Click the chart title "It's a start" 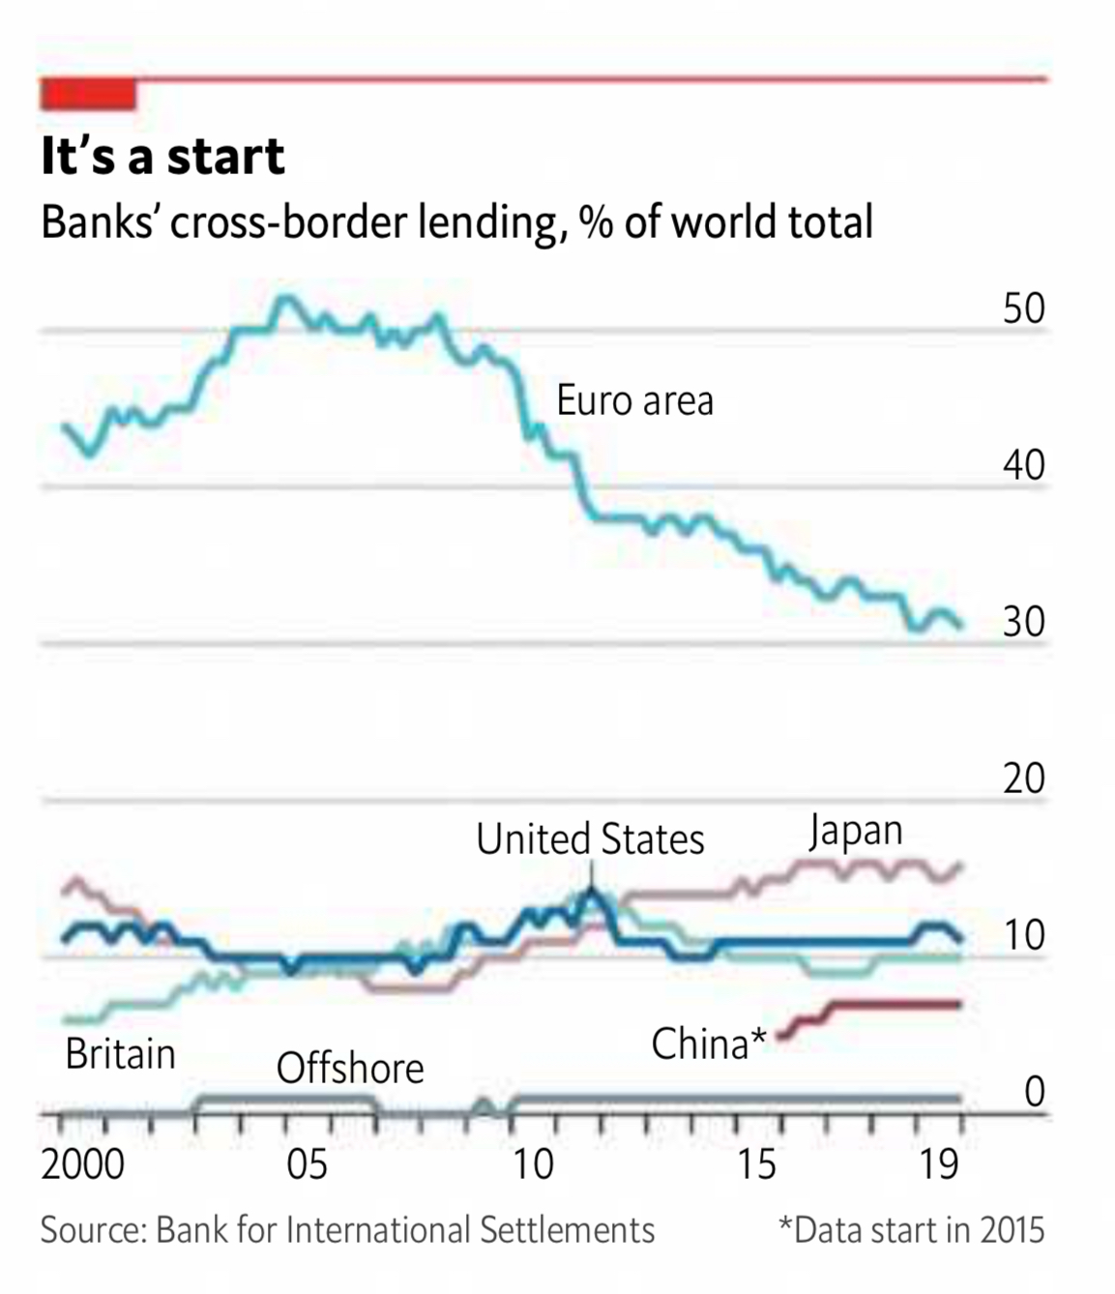click(x=162, y=157)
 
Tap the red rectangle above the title click(x=88, y=95)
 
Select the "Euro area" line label click(x=634, y=400)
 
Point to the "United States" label click(x=590, y=838)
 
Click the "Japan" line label click(x=856, y=832)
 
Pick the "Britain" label click(x=120, y=1053)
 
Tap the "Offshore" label click(x=350, y=1069)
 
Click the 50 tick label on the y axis click(x=1023, y=309)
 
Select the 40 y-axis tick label click(x=1023, y=465)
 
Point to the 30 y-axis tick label click(x=1023, y=622)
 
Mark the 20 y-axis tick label click(x=1023, y=779)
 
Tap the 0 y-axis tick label click(x=1034, y=1091)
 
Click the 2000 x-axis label click(x=82, y=1164)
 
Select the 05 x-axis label click(x=307, y=1164)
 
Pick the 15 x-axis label click(x=756, y=1164)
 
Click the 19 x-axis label click(x=938, y=1164)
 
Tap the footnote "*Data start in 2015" click(x=911, y=1230)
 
